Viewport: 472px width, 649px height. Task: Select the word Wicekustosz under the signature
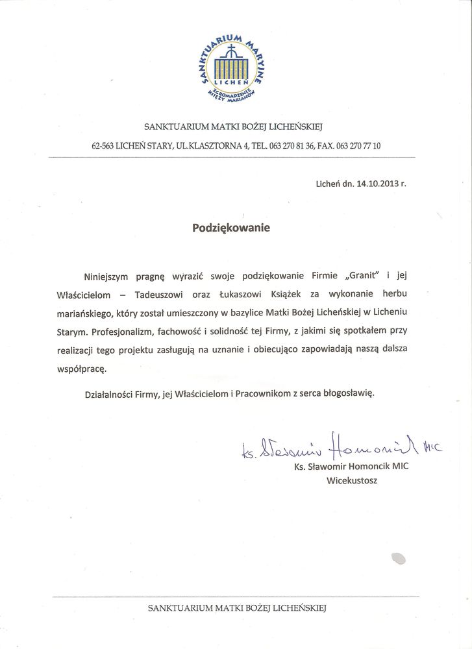[351, 481]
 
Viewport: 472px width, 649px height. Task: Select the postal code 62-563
[103, 146]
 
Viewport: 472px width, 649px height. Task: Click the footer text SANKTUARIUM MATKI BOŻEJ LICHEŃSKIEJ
[236, 608]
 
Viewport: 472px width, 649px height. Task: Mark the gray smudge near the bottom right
[398, 557]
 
